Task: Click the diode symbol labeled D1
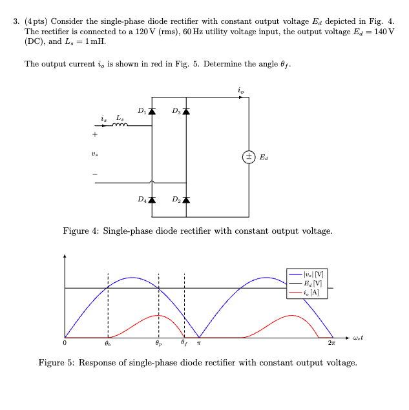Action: [152, 111]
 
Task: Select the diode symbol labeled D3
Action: [186, 111]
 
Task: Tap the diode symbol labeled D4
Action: [152, 199]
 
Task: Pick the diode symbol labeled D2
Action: [186, 199]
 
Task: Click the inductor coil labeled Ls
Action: [120, 125]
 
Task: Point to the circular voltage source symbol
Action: [249, 156]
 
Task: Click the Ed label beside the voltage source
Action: [264, 156]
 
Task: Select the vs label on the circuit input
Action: [95, 155]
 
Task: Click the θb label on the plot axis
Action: [107, 344]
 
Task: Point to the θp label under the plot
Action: [159, 344]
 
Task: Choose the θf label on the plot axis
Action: [184, 344]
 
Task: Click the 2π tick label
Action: [331, 343]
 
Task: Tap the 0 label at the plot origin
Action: [65, 343]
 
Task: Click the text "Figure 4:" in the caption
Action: [81, 231]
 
